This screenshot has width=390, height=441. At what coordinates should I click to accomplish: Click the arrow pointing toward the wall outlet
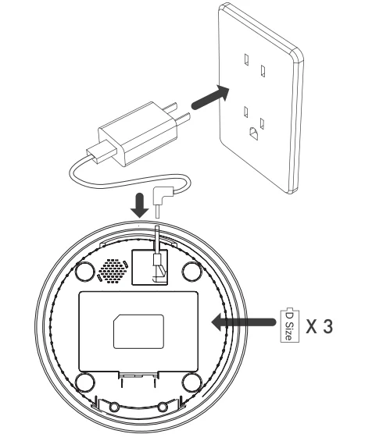click(209, 97)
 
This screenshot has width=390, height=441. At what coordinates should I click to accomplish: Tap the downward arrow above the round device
click(140, 205)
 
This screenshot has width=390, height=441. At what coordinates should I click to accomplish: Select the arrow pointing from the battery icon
click(244, 322)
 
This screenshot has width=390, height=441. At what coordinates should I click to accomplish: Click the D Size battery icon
click(290, 325)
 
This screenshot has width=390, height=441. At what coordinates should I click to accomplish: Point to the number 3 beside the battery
click(327, 326)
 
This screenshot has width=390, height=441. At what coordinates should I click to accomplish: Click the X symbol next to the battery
click(312, 326)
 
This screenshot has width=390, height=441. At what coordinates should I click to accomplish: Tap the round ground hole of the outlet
click(254, 133)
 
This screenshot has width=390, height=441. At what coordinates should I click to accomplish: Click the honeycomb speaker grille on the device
click(113, 271)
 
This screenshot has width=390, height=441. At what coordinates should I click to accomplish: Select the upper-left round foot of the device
click(85, 271)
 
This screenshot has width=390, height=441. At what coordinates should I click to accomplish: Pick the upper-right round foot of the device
click(192, 271)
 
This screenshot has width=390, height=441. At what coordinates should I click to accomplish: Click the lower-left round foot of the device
click(85, 382)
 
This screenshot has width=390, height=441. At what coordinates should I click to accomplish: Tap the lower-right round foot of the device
click(192, 382)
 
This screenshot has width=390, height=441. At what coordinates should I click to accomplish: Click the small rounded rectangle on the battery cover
click(138, 331)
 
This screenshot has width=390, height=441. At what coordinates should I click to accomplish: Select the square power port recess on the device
click(150, 267)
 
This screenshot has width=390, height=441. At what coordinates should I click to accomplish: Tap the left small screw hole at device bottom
click(114, 407)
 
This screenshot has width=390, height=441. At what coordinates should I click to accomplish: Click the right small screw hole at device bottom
click(163, 407)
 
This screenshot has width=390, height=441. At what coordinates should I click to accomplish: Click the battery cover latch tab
click(138, 375)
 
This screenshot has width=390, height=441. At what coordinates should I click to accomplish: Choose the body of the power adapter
click(138, 133)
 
